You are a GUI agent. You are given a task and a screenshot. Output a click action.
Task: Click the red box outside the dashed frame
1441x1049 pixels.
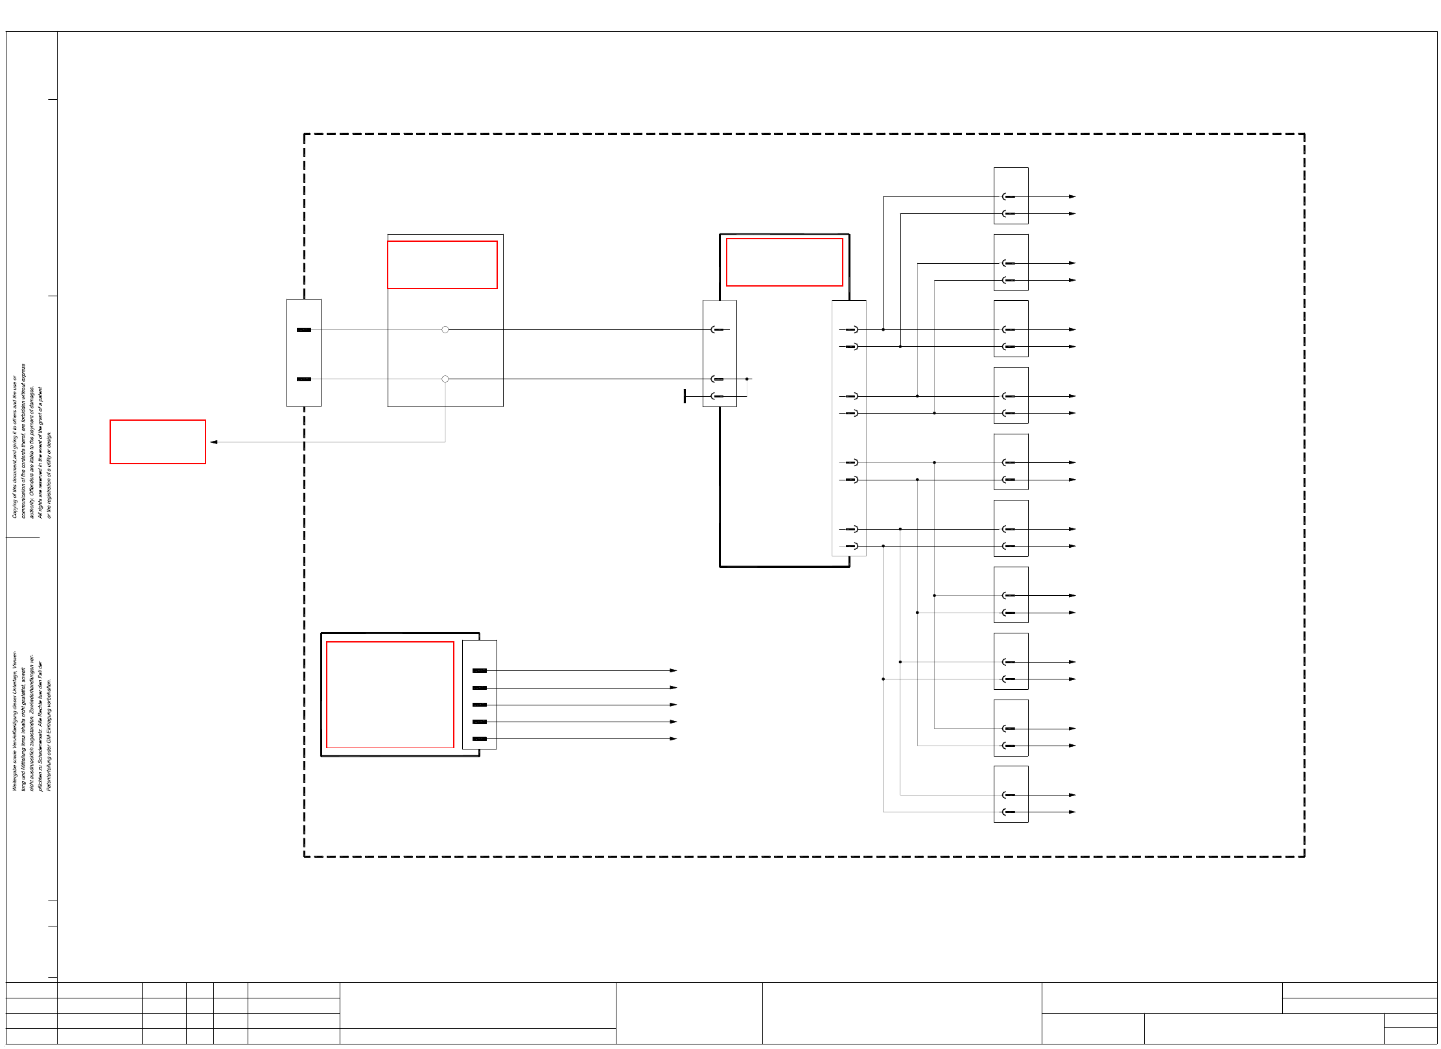click(158, 442)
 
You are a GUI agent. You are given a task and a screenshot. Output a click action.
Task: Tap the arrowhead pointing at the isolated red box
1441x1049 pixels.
click(214, 442)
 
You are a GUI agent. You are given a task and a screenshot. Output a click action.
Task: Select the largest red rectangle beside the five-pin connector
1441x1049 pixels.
click(390, 694)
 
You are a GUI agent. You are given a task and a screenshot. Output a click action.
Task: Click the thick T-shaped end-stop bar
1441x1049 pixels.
click(685, 396)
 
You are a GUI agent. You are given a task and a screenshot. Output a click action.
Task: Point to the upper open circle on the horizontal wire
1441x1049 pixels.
click(445, 329)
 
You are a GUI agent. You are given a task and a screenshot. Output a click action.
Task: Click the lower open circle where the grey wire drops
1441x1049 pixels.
click(445, 379)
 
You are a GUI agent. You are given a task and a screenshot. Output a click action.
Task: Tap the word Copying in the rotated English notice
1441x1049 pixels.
click(15, 509)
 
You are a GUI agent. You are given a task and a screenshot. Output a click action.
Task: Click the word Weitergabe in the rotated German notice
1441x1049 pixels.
click(15, 777)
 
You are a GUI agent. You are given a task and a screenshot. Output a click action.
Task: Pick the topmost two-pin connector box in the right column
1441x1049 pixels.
click(1011, 196)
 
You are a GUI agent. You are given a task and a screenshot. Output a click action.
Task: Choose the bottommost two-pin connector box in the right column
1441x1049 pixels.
click(1011, 794)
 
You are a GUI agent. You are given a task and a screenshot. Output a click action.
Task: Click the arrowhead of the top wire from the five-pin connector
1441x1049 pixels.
click(674, 670)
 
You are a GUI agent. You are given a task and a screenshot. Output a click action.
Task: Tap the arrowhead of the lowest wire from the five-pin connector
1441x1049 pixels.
click(674, 738)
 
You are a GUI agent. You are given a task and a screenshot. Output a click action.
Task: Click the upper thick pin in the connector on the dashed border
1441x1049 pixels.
click(304, 330)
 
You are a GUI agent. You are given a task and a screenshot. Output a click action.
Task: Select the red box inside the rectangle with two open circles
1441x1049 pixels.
click(442, 265)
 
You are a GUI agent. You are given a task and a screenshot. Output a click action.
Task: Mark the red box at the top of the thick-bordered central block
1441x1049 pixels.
click(784, 262)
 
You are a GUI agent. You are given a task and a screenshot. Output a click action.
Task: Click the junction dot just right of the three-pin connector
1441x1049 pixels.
click(747, 379)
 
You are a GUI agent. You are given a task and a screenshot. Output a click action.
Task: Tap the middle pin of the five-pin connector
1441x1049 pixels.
click(480, 705)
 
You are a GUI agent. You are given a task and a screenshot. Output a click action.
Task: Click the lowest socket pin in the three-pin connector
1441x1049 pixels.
click(717, 396)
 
